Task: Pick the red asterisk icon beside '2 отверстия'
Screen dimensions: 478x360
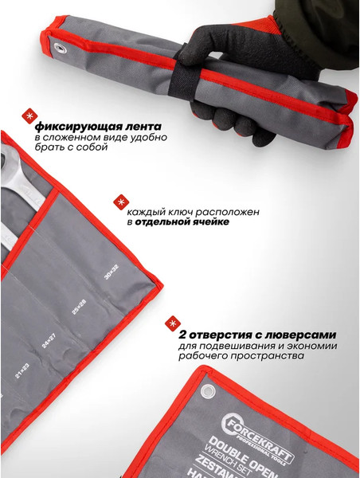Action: [171, 323]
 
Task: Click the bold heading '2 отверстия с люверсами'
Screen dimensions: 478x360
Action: [256, 334]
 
